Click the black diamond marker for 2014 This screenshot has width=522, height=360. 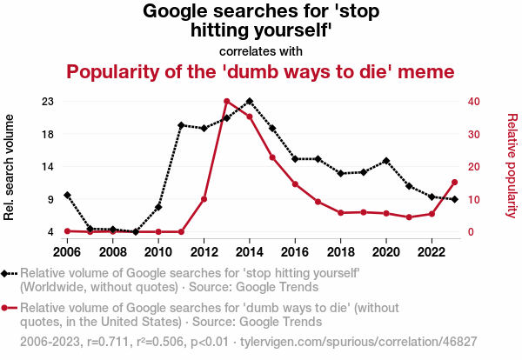tap(250, 102)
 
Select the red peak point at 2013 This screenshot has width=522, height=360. tap(227, 102)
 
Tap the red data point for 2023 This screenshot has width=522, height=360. tap(455, 183)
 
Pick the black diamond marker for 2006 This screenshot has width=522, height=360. tap(67, 196)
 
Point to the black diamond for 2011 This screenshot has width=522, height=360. tap(181, 125)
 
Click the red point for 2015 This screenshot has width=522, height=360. tap(272, 157)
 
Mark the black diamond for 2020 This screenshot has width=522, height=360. tap(386, 162)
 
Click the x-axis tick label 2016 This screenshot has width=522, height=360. tap(295, 252)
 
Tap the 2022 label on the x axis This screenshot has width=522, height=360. tap(432, 252)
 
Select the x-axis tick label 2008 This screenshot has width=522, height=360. tap(112, 252)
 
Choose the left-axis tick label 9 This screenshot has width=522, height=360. tap(50, 199)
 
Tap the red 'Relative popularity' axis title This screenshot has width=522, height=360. tap(512, 165)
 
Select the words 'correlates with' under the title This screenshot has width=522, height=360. tap(261, 50)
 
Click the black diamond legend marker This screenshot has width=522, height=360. tap(8, 273)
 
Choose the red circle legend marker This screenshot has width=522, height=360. tap(8, 308)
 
